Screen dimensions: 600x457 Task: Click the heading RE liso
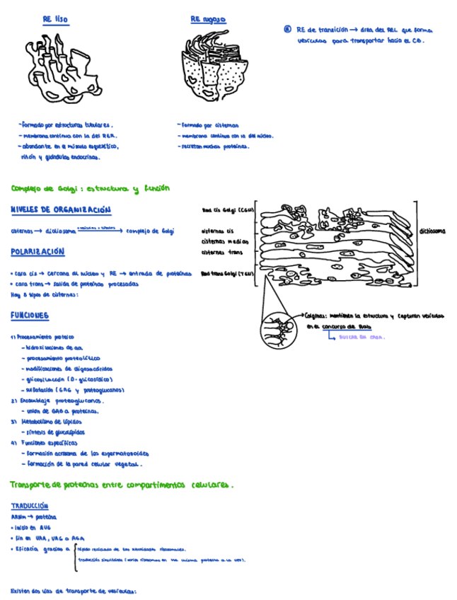point(57,19)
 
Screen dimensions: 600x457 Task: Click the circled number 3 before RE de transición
point(287,30)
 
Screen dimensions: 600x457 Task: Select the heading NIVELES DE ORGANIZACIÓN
point(61,210)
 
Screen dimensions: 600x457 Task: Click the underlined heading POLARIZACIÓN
point(37,252)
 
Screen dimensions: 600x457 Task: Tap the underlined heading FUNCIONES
point(30,315)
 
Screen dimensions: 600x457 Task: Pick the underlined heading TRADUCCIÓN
point(30,506)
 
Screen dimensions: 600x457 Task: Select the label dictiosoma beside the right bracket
point(432,231)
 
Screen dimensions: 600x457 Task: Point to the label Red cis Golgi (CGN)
point(228,210)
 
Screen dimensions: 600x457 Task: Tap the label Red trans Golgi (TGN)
point(228,274)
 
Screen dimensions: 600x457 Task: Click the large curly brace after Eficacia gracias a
point(74,557)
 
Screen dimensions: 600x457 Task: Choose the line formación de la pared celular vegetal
point(85,465)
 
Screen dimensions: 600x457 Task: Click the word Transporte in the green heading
point(34,485)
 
